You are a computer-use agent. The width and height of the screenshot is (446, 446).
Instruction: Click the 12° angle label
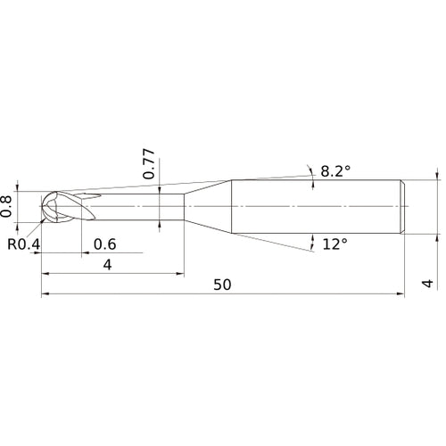click(x=335, y=244)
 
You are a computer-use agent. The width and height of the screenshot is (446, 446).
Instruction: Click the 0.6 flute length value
click(x=104, y=244)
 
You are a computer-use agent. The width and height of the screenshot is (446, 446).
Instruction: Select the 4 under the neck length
click(x=107, y=265)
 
